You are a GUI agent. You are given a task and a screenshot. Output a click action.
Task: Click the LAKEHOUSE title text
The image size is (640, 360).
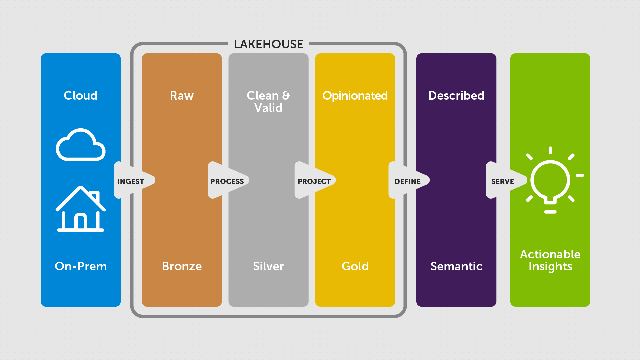tap(268, 44)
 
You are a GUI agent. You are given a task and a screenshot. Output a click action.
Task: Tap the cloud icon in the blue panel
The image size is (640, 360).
tap(81, 145)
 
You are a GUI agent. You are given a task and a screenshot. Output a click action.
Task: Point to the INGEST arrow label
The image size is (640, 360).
tap(131, 181)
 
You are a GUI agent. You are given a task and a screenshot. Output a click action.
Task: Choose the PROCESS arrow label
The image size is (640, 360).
tap(227, 181)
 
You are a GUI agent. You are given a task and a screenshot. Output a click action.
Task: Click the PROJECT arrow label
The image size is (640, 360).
tap(314, 181)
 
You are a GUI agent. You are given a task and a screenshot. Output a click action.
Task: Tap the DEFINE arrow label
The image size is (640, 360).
tap(407, 181)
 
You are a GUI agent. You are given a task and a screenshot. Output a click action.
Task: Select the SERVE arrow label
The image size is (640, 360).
tap(502, 181)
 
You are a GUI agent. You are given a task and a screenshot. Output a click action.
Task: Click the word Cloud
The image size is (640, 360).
tap(81, 96)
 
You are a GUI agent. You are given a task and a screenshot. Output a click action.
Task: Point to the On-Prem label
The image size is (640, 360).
tap(81, 266)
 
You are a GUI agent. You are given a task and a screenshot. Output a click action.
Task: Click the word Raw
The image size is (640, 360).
tap(182, 96)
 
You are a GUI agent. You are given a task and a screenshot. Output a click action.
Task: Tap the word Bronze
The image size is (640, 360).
tap(182, 266)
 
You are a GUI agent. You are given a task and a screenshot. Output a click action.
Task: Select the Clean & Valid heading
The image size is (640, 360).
tap(268, 102)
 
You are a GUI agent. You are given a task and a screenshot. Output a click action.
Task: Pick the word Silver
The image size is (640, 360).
tap(268, 266)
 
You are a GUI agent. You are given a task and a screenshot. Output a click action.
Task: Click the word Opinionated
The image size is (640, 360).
tap(355, 96)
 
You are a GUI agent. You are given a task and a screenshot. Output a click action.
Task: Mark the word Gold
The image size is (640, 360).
tap(355, 266)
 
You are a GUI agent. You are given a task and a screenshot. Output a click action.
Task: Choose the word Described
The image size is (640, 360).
tap(456, 96)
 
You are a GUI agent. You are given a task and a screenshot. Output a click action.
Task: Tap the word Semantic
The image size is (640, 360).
tap(456, 266)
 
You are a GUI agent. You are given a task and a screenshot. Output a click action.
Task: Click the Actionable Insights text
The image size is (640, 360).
tap(550, 260)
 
